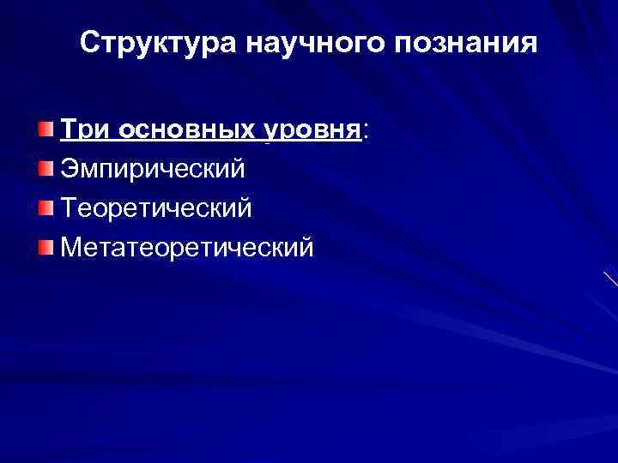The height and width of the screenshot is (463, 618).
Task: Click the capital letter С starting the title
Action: [x=90, y=42]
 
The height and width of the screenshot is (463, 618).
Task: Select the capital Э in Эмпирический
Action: [x=70, y=168]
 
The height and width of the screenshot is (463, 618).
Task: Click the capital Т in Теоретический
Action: [x=69, y=207]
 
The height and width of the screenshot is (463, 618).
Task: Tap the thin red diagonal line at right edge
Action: [x=610, y=279]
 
